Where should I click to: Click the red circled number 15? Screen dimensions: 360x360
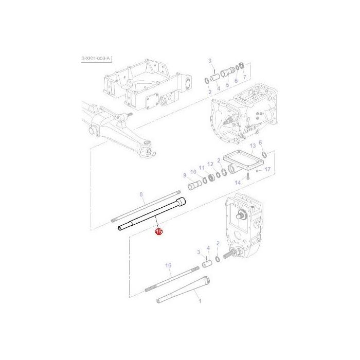point(159,232)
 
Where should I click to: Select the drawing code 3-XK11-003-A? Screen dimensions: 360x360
point(96,60)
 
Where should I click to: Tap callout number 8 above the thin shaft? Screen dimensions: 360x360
point(141,194)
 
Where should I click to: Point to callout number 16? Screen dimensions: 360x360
point(168,265)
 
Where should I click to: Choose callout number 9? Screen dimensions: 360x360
point(184,175)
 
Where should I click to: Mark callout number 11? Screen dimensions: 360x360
point(202,168)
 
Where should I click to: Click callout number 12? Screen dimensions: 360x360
point(210,164)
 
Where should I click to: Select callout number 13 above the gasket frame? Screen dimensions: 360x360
point(253,146)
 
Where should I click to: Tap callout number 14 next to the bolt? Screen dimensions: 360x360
point(238,182)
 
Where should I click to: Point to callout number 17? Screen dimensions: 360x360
point(267,168)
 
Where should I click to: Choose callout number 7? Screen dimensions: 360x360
point(245,78)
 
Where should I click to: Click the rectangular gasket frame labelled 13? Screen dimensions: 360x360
point(242,163)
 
